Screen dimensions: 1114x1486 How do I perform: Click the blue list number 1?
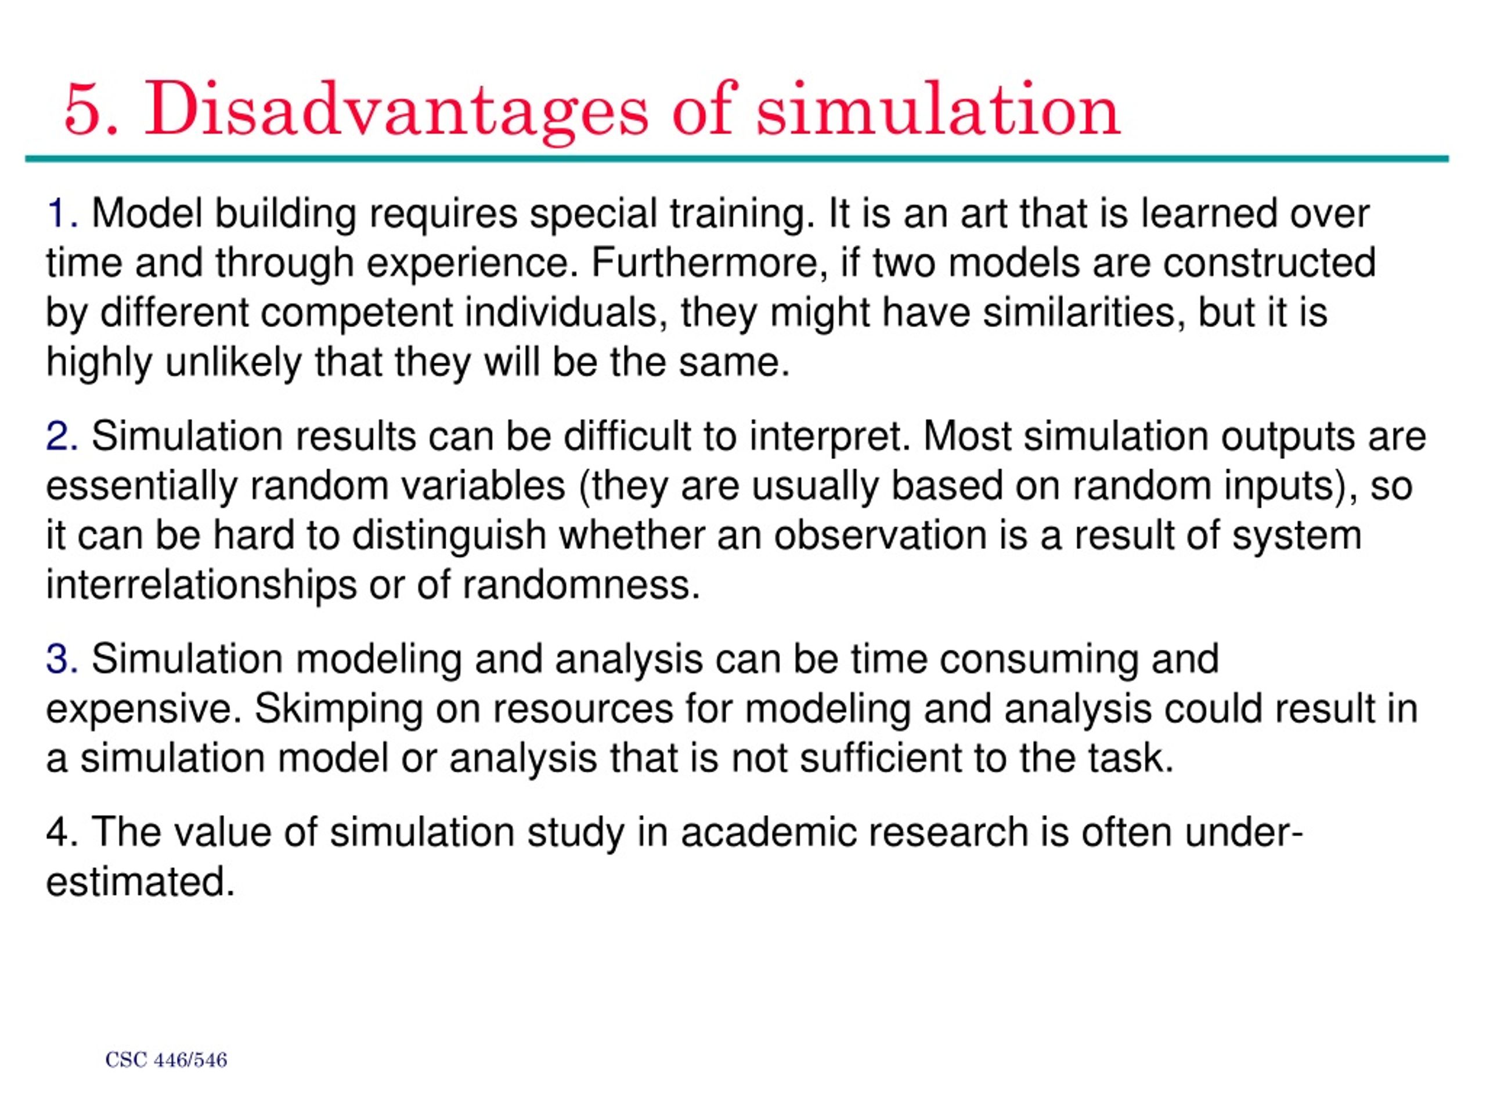tap(59, 214)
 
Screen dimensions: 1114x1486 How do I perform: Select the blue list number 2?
tap(59, 437)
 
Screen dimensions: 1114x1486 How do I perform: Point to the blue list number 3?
tap(59, 659)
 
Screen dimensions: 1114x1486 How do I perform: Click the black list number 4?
tap(59, 833)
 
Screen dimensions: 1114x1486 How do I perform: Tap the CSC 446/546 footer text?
tap(167, 1060)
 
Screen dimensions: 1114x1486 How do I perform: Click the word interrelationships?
tap(201, 585)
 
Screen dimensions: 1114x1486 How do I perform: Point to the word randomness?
tap(581, 585)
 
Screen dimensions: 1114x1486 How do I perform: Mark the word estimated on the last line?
tap(140, 882)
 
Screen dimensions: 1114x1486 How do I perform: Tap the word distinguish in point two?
tap(449, 536)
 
